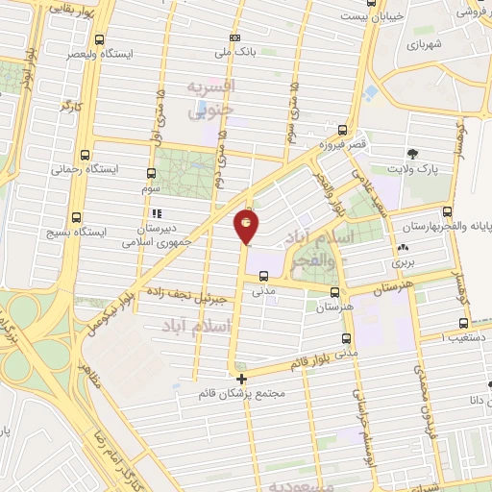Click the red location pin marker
pos(246,227)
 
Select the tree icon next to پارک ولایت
pos(412,154)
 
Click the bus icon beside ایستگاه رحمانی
pos(86,154)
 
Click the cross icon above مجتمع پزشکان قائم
pos(241,379)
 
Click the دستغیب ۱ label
pos(462,337)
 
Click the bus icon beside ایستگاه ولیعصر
pos(101,40)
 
